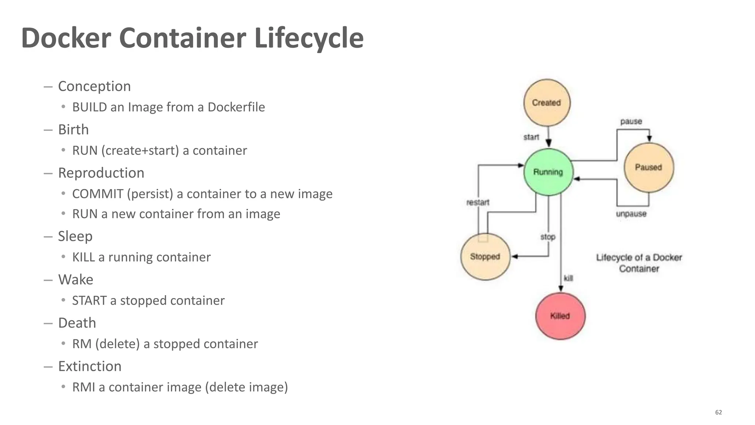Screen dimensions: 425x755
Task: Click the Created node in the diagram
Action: [547, 103]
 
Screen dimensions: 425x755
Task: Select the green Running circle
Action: [548, 172]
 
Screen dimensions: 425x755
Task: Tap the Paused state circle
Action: [648, 167]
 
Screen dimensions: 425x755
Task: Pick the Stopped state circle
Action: [485, 256]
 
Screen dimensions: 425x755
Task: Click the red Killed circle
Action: [560, 316]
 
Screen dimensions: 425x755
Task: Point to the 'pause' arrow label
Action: [631, 121]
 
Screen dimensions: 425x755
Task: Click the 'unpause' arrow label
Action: [631, 214]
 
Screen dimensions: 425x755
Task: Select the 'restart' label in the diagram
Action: [478, 202]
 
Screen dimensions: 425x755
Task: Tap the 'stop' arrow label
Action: [548, 237]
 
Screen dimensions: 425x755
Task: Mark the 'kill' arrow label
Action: [568, 278]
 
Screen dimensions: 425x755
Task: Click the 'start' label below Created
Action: [531, 137]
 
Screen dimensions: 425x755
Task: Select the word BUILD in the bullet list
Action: [89, 107]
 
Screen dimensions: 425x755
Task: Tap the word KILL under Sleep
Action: [83, 257]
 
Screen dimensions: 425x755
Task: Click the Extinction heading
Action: [90, 366]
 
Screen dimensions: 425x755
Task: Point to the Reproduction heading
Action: [101, 173]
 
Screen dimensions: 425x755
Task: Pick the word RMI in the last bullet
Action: [84, 387]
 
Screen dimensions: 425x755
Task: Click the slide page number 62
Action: [718, 412]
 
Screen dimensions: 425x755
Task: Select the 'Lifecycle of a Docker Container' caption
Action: [639, 263]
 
